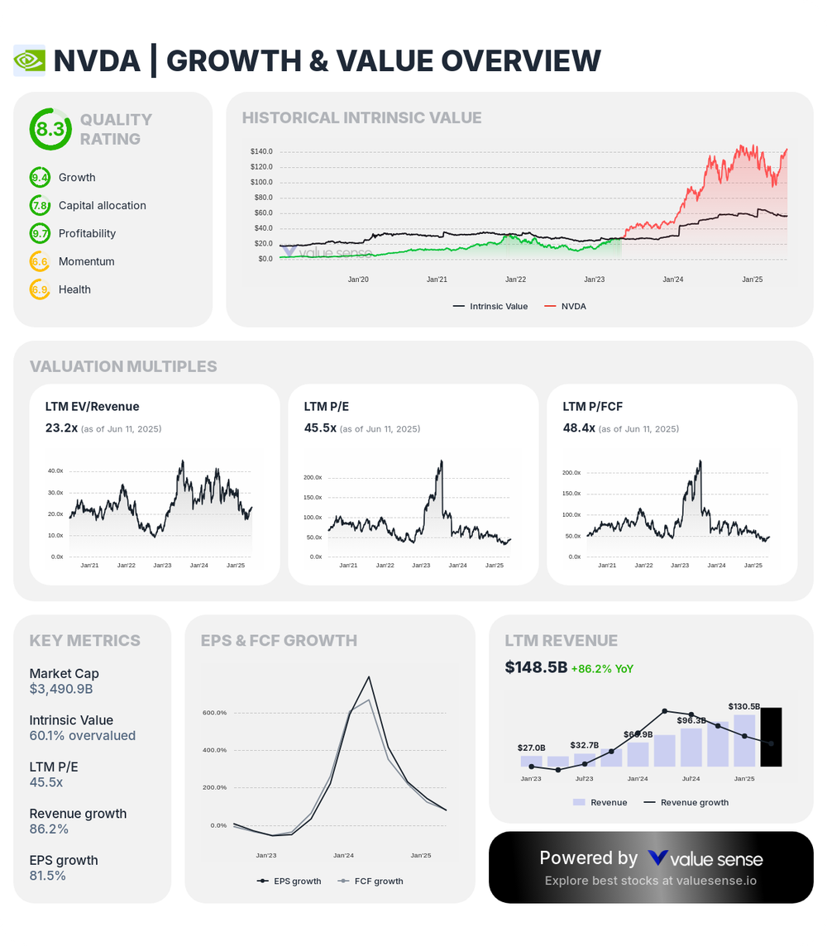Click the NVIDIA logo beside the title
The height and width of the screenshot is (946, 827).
point(30,60)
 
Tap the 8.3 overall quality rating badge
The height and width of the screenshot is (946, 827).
point(50,129)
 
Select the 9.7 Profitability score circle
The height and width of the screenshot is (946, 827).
point(40,233)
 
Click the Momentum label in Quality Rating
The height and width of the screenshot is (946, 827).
point(86,261)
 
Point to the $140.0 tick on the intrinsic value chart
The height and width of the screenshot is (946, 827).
point(261,151)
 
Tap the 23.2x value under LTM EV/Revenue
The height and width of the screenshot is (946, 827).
point(61,428)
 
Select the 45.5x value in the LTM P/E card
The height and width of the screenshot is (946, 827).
point(320,428)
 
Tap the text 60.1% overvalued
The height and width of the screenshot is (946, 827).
point(82,735)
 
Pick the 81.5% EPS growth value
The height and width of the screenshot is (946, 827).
point(47,875)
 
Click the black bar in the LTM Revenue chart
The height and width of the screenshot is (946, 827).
point(771,737)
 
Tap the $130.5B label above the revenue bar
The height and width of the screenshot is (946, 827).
point(744,706)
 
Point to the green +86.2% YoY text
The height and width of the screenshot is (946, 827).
point(602,668)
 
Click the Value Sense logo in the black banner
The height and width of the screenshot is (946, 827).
point(705,858)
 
